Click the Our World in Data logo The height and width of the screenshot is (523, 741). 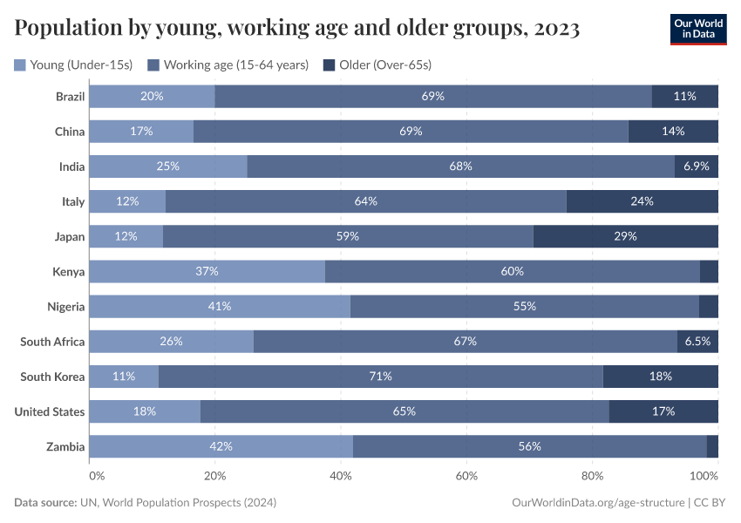pos(698,29)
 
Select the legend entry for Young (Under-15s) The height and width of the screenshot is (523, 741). pos(74,65)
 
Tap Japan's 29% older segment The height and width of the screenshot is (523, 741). pos(625,236)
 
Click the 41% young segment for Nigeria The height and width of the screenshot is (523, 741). pos(220,306)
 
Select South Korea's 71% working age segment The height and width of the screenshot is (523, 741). pos(381,377)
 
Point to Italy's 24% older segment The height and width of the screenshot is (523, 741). pos(642,201)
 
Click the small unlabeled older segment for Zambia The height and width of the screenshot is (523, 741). pos(712,446)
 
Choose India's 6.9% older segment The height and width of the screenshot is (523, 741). pos(696,166)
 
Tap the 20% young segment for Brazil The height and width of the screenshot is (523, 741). pos(152,96)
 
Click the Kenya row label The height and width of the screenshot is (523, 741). pos(68,272)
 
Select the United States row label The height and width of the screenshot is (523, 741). pos(50,411)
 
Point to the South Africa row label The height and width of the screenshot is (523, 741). pos(52,342)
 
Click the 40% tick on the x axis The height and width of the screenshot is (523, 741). pos(341,476)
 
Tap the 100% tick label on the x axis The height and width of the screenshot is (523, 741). pos(704,476)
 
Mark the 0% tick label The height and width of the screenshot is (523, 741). pos(96,476)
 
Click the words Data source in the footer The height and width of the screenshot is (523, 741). pos(44,503)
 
